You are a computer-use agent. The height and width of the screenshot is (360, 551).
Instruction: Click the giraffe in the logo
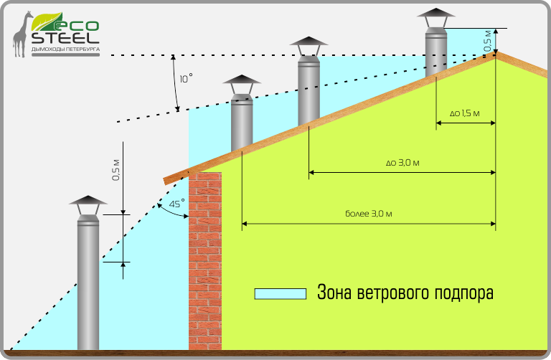pos(21,34)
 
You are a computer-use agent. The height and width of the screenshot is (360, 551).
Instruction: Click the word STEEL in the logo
pos(65,37)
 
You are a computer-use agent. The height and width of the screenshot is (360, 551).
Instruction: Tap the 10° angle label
pos(186,78)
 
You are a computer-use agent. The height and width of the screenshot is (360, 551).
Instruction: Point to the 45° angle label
pos(176,204)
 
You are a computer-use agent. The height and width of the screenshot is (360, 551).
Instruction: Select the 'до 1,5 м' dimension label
pos(464,113)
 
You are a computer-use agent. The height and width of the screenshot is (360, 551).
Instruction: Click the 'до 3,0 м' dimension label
pos(402,163)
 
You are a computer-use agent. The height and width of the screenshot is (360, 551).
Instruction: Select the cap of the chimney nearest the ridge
pos(435,16)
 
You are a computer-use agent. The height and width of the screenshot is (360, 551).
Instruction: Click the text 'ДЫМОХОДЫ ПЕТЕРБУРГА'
pos(65,51)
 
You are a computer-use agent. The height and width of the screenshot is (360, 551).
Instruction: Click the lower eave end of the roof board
pos(166,181)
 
